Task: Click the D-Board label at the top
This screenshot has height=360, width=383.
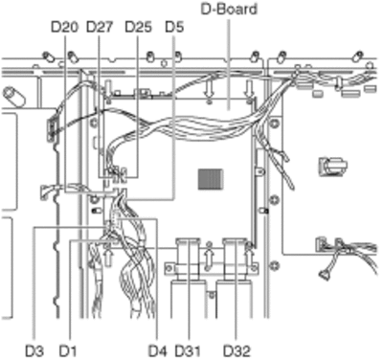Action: (229, 9)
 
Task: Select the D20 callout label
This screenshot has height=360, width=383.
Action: (64, 28)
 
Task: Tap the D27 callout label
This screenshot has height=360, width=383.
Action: (100, 28)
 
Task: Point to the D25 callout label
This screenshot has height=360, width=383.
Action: (138, 28)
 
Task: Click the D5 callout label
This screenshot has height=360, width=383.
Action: (174, 28)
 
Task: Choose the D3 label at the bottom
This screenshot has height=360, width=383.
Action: (34, 351)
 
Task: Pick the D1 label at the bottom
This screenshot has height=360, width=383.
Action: (68, 351)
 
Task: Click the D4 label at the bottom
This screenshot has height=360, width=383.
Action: (158, 351)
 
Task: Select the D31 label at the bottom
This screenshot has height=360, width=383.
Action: (188, 351)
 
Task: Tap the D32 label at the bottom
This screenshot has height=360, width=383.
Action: (237, 351)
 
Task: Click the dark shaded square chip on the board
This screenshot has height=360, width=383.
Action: (211, 179)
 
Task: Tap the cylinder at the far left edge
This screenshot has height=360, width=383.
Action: (13, 96)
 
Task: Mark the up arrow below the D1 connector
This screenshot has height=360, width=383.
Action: (109, 257)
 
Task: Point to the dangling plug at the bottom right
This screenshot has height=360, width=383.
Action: (325, 275)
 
